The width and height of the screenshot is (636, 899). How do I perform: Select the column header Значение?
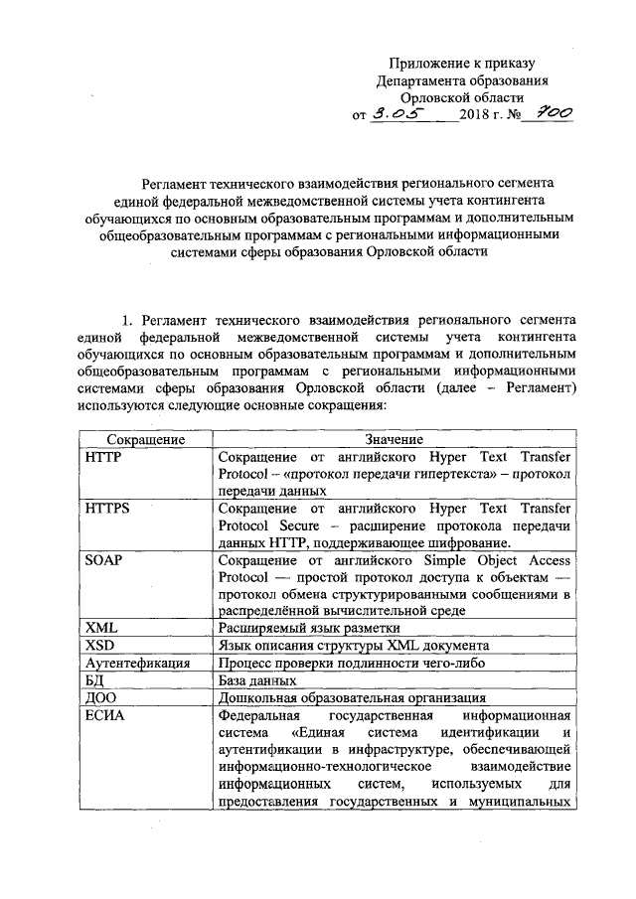tap(394, 439)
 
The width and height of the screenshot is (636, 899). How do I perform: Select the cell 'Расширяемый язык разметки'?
tap(308, 628)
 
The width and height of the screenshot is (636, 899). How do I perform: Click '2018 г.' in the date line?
tap(483, 117)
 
